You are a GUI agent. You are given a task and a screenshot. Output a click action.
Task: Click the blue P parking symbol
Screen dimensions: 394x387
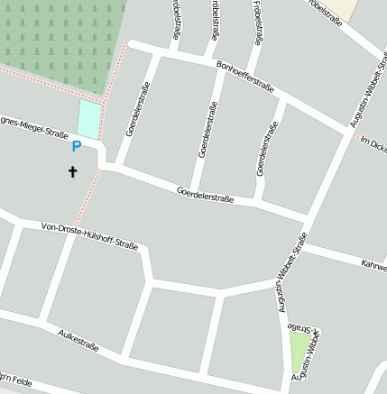[x=77, y=146]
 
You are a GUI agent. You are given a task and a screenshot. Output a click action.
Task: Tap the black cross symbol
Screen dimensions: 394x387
[x=73, y=171]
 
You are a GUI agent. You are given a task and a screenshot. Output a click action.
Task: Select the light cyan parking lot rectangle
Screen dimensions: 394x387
[x=89, y=119]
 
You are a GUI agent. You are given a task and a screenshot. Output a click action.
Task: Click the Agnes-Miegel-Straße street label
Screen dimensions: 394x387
[x=34, y=125]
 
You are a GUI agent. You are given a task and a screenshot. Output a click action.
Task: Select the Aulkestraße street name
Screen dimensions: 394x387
[x=78, y=341]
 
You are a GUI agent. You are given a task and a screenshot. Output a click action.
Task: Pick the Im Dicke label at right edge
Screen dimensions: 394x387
[x=373, y=143]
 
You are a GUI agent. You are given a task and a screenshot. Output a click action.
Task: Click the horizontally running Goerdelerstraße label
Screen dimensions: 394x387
[x=206, y=194]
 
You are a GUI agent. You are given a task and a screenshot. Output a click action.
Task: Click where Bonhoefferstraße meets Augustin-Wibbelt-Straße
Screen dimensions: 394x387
[x=350, y=129]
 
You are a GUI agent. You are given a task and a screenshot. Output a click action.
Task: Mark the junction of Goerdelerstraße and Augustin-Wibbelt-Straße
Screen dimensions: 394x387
[x=308, y=220]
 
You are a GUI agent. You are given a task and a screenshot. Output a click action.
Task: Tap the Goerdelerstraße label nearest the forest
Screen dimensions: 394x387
[x=139, y=109]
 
